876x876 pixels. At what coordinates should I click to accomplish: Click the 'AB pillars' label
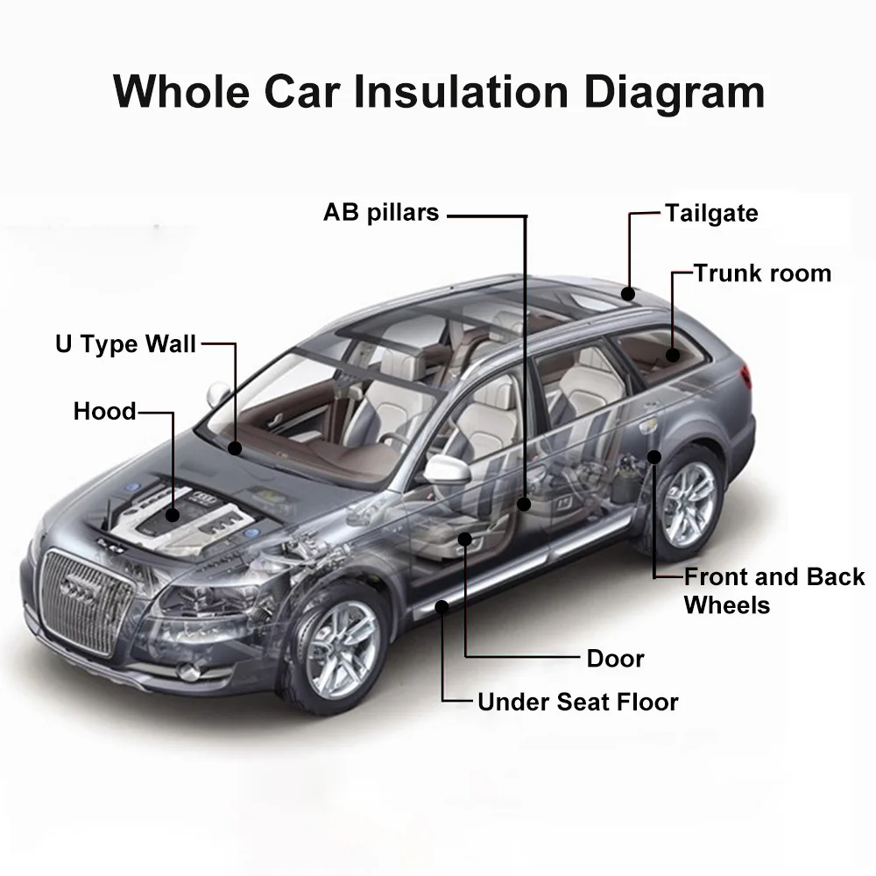381,213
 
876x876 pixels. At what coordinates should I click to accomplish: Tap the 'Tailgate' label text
711,213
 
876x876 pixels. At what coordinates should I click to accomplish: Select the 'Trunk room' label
762,273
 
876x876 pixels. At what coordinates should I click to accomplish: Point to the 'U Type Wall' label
126,343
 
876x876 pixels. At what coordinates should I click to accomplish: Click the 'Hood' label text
105,411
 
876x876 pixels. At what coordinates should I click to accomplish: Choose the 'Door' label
616,658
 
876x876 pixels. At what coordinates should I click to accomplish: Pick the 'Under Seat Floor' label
578,702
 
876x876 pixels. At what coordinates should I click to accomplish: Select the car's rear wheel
687,506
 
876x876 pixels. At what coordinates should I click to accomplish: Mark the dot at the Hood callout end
173,516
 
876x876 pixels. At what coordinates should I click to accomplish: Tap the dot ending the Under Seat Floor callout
443,606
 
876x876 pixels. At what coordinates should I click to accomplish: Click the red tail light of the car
745,378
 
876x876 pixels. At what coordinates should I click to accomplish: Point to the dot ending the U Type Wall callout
235,449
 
